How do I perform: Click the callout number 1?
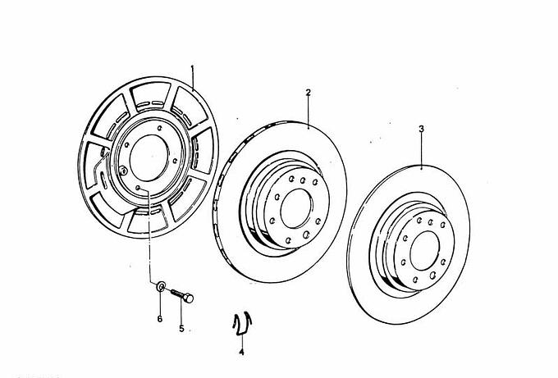[192, 67]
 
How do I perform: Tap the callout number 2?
[309, 93]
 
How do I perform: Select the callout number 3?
[421, 129]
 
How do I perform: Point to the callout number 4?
[241, 352]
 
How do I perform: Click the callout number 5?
[181, 329]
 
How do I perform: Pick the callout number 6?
[160, 319]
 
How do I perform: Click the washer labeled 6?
[161, 286]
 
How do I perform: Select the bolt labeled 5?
[182, 296]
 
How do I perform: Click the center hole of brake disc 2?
[296, 208]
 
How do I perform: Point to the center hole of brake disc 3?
[424, 250]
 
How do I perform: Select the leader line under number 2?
[309, 112]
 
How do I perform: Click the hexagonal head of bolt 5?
[189, 298]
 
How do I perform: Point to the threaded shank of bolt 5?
[177, 294]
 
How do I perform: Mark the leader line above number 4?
[241, 340]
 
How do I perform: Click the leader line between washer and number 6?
[160, 303]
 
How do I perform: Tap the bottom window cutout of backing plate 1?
[148, 221]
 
